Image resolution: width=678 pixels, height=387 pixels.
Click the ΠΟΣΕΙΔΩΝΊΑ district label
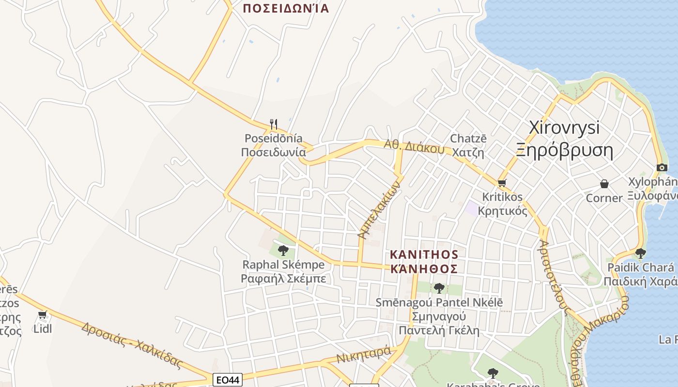pyautogui.click(x=286, y=8)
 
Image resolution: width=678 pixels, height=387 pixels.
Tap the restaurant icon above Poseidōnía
pyautogui.click(x=274, y=124)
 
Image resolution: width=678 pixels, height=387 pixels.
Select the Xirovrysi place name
pyautogui.click(x=564, y=128)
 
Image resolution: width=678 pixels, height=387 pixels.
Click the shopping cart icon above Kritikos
pyautogui.click(x=502, y=183)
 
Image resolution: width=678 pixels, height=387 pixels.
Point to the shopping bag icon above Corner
pyautogui.click(x=604, y=184)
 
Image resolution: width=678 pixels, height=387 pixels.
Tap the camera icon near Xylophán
pyautogui.click(x=662, y=167)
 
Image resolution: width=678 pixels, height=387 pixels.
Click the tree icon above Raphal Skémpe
pyautogui.click(x=283, y=251)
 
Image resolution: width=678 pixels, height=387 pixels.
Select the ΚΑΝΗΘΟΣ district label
pyautogui.click(x=424, y=269)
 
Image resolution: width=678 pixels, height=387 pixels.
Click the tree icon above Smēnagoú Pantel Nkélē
pyautogui.click(x=439, y=288)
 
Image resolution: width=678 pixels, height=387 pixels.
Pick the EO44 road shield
pyautogui.click(x=227, y=380)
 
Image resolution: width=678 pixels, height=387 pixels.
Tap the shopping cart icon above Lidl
pyautogui.click(x=43, y=315)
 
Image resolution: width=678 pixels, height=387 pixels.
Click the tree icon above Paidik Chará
pyautogui.click(x=640, y=253)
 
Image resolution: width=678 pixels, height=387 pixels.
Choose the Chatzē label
pyautogui.click(x=468, y=139)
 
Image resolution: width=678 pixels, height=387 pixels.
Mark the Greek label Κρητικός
pyautogui.click(x=502, y=211)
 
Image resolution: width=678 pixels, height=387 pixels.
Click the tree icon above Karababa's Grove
pyautogui.click(x=493, y=373)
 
